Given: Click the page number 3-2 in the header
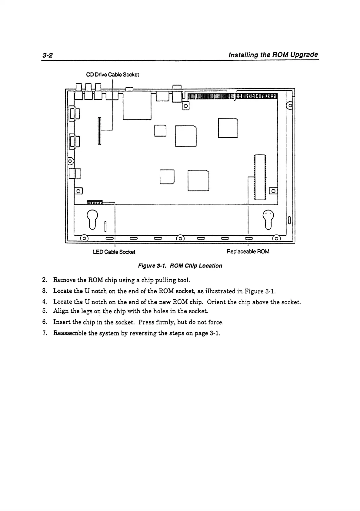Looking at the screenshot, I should click(48, 55).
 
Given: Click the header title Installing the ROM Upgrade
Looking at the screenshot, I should click(273, 55).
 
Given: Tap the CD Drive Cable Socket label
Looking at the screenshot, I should click(112, 75).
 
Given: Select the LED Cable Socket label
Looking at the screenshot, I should click(114, 252).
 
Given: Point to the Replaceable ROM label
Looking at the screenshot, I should click(248, 251).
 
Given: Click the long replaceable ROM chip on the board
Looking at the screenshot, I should click(260, 177).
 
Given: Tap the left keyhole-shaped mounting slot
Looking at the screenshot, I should click(93, 219).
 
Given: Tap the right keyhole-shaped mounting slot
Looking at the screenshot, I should click(268, 219).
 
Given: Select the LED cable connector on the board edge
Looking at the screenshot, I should click(95, 202).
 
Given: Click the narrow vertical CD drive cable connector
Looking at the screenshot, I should click(99, 131).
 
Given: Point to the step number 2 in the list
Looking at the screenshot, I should click(45, 280).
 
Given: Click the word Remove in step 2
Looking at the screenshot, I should click(63, 280).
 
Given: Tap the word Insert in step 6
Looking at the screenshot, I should click(62, 322).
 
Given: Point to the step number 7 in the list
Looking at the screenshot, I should click(45, 333).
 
